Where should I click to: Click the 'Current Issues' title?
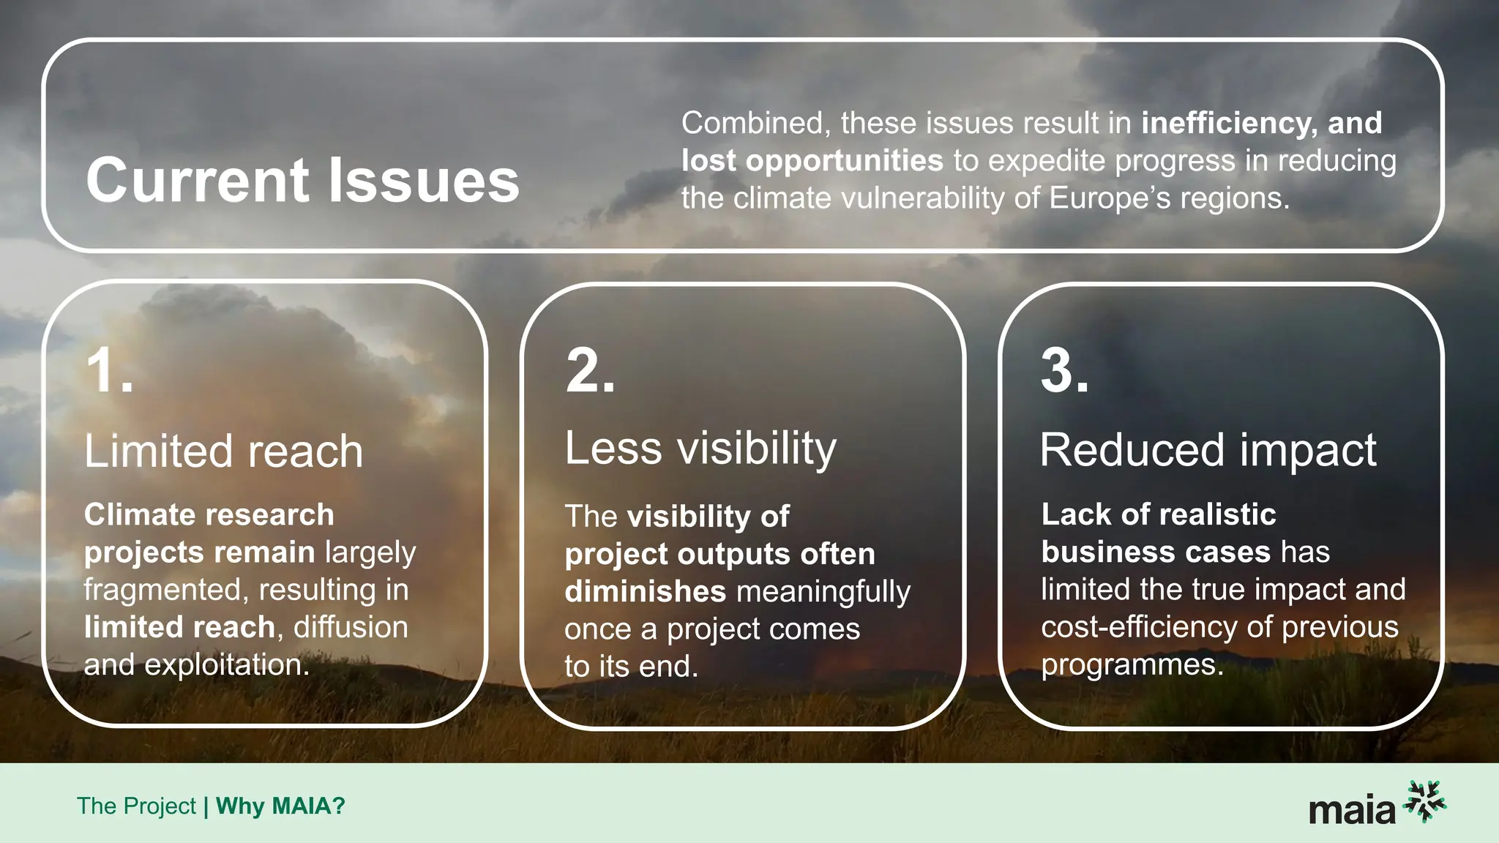(x=302, y=180)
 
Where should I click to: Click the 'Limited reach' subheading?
(x=223, y=451)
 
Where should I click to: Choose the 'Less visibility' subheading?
(x=700, y=448)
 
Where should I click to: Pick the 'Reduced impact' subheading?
(x=1208, y=449)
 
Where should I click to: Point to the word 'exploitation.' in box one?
(x=227, y=664)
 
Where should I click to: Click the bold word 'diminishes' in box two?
(x=645, y=591)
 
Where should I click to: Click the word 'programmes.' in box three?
(x=1132, y=664)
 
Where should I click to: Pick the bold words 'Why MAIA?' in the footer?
(x=280, y=806)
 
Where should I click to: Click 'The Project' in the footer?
(x=136, y=806)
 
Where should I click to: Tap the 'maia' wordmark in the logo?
(x=1351, y=811)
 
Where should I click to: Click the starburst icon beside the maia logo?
(x=1425, y=801)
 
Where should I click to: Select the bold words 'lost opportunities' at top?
(x=812, y=161)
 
